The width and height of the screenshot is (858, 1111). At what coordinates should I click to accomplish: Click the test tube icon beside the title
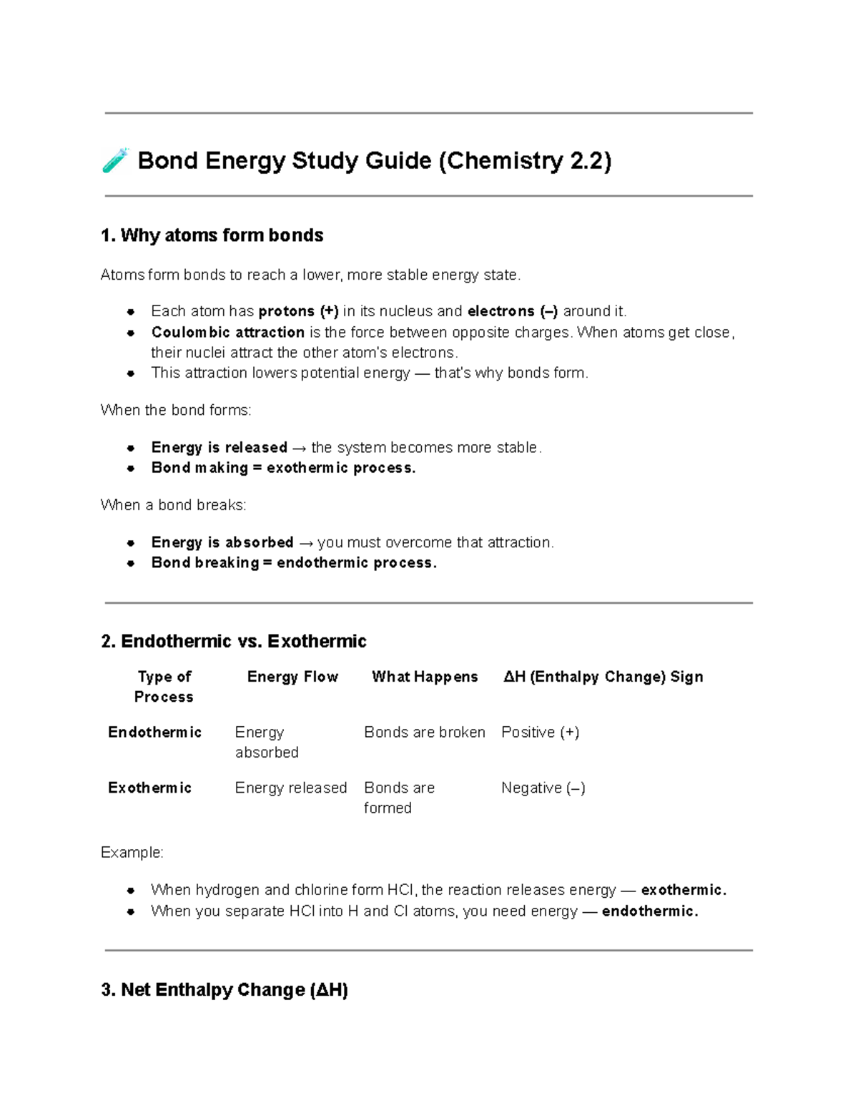pyautogui.click(x=115, y=160)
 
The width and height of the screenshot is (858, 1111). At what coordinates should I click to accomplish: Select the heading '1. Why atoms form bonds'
pyautogui.click(x=212, y=235)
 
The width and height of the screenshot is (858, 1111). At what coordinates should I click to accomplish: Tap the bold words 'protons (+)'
pyautogui.click(x=298, y=311)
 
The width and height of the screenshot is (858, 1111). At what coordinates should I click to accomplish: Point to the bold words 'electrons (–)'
pyautogui.click(x=513, y=311)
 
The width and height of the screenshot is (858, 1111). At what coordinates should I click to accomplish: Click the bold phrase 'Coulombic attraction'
pyautogui.click(x=228, y=332)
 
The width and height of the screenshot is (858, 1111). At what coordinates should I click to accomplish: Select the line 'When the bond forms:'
pyautogui.click(x=176, y=410)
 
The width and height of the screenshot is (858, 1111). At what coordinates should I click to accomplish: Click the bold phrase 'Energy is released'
pyautogui.click(x=219, y=447)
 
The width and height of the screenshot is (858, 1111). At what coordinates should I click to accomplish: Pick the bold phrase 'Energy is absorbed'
pyautogui.click(x=222, y=542)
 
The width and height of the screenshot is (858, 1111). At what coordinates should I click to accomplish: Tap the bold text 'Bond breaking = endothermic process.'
pyautogui.click(x=294, y=562)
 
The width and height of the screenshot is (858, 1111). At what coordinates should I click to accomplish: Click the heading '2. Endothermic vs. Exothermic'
pyautogui.click(x=234, y=641)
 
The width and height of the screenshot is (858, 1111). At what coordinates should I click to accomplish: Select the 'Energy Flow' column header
pyautogui.click(x=292, y=677)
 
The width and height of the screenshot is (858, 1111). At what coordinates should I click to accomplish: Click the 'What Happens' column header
pyautogui.click(x=425, y=677)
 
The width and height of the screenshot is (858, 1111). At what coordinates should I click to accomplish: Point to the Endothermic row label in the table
pyautogui.click(x=154, y=732)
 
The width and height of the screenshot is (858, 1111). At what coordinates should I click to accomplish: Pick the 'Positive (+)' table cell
pyautogui.click(x=540, y=732)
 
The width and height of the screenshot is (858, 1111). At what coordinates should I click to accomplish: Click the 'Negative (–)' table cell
pyautogui.click(x=543, y=788)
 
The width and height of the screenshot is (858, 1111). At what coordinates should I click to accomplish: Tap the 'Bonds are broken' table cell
pyautogui.click(x=424, y=732)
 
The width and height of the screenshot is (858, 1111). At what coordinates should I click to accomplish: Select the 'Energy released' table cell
pyautogui.click(x=291, y=788)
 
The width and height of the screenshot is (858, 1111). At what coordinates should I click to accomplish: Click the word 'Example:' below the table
pyautogui.click(x=132, y=853)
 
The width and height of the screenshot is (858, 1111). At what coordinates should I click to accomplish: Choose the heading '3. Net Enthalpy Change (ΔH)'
pyautogui.click(x=225, y=990)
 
